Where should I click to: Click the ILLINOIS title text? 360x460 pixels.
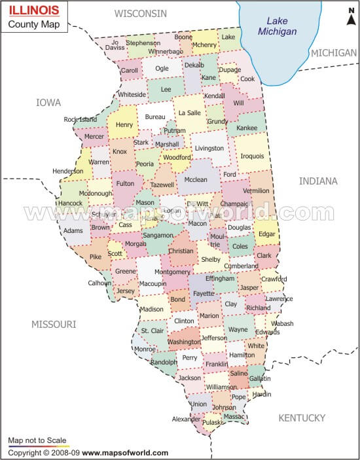33,11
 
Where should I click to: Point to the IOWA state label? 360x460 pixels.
48,103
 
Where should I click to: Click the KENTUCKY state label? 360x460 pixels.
302,417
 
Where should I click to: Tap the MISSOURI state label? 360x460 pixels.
54,324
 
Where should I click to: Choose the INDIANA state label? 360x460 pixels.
318,181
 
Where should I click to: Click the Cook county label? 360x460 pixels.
247,79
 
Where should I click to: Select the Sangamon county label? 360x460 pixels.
158,234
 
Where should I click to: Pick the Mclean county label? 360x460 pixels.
195,179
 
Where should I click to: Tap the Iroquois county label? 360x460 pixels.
253,156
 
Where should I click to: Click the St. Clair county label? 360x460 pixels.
153,331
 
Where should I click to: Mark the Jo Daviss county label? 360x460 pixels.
115,44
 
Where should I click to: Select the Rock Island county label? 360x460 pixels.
80,119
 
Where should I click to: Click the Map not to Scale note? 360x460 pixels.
37,441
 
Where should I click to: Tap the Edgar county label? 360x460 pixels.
267,234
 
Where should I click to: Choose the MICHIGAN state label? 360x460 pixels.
334,52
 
